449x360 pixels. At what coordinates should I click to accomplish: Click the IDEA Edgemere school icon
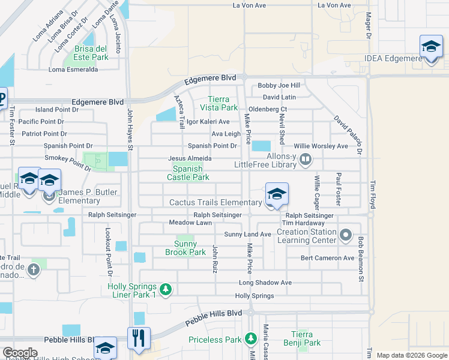430,47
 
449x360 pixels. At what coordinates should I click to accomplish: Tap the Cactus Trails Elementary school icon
277,194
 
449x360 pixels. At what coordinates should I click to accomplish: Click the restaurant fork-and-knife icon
139,338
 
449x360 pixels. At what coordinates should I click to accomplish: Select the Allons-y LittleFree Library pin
306,160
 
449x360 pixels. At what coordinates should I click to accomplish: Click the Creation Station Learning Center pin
345,235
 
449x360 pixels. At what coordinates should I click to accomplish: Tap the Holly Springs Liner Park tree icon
166,290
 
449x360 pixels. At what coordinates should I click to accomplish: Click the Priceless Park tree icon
251,340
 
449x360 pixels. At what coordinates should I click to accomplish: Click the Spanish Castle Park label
187,173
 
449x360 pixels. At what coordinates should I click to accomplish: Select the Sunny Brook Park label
185,248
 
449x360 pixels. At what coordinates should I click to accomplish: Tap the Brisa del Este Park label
91,53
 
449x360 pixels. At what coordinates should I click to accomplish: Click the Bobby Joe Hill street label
279,86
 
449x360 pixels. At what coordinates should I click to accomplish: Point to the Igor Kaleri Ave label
208,121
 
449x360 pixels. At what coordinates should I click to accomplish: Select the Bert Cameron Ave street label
327,258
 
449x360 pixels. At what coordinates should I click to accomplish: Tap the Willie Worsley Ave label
321,146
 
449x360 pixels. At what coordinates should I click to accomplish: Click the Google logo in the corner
20,353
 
